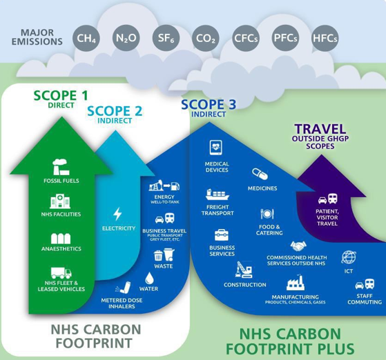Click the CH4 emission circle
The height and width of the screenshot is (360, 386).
point(86,38)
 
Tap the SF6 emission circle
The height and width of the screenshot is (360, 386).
point(166,38)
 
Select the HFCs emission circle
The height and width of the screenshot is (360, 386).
point(325,38)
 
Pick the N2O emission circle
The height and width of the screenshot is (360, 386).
point(126,38)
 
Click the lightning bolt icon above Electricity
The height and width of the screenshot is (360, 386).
point(117,214)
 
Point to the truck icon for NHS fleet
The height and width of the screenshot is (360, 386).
point(61,272)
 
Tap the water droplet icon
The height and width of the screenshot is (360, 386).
point(149,278)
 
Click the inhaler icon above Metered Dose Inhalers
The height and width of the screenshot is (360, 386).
point(123,288)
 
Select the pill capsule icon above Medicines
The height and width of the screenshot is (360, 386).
point(260,174)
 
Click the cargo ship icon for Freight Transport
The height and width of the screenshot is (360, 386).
point(218,194)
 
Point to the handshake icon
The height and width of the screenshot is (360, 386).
point(298,246)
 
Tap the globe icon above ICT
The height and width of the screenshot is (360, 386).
point(349,257)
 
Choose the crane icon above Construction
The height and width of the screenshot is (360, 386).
point(244,270)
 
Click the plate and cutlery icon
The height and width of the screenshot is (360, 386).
point(267,214)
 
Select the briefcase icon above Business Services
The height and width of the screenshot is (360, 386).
point(222,235)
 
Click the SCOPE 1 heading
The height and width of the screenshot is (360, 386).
point(61,95)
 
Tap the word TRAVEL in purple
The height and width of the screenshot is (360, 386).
point(320,129)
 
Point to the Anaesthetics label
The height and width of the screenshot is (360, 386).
point(61,249)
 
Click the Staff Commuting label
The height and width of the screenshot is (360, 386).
point(365,299)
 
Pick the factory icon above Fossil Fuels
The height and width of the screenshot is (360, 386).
point(61,167)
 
